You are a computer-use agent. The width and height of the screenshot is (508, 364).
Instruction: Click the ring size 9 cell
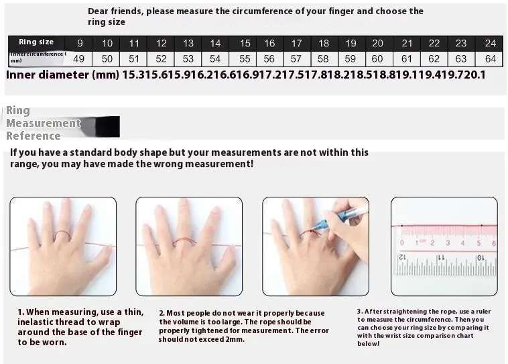coord(80,43)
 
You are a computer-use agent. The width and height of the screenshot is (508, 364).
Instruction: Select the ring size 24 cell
coord(490,43)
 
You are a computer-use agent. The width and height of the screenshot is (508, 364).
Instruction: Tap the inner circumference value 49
coord(80,58)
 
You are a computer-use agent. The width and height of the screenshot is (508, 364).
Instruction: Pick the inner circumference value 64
coord(490,58)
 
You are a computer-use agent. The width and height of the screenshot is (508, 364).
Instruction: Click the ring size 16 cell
coord(269,43)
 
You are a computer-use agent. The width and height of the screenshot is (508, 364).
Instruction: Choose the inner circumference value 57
coord(296,58)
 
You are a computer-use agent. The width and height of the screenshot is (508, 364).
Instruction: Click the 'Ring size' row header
coord(36,42)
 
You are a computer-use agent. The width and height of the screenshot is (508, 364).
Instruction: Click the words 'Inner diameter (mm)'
coord(62,75)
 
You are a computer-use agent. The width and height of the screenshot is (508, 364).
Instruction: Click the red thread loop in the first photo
coord(62,234)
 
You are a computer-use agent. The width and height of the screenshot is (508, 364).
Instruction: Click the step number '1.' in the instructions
coord(21,312)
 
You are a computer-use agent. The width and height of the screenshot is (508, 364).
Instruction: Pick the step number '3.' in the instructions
coord(360,312)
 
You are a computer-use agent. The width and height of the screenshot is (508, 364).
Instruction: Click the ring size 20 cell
coord(377,43)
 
